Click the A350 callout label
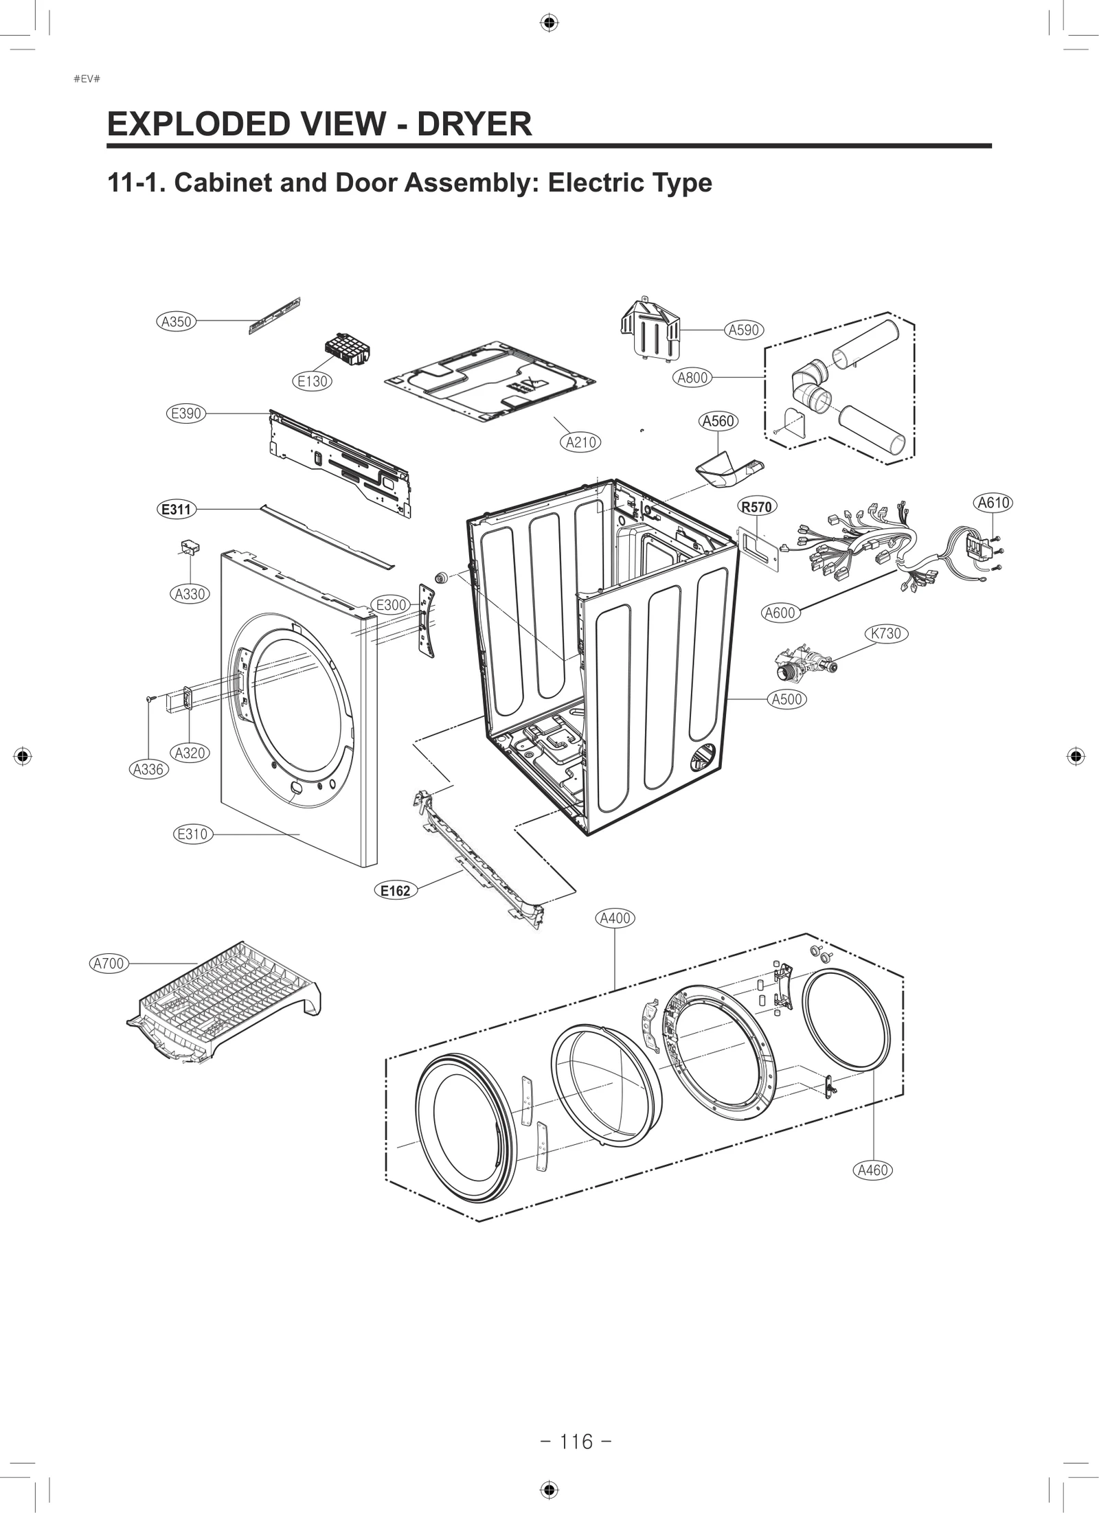175,321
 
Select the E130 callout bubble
313,381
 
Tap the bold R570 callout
756,507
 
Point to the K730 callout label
885,633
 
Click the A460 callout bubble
873,1170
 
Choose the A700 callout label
109,964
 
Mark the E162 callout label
395,891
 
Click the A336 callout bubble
148,769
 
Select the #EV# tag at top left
87,78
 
